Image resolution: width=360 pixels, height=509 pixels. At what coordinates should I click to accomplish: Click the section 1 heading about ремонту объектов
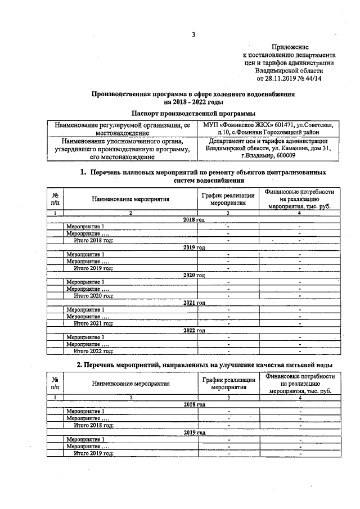(203, 176)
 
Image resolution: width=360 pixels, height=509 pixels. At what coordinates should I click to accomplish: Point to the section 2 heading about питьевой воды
(204, 366)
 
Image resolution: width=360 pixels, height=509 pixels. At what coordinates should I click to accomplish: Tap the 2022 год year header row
(194, 331)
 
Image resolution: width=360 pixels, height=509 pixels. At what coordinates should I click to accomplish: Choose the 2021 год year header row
(194, 303)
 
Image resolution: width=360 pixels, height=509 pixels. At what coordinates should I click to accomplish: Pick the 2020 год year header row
(194, 275)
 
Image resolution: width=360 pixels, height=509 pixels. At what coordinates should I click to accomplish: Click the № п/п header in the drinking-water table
(56, 384)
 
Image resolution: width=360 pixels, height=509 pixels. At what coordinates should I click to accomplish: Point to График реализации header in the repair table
(228, 199)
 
